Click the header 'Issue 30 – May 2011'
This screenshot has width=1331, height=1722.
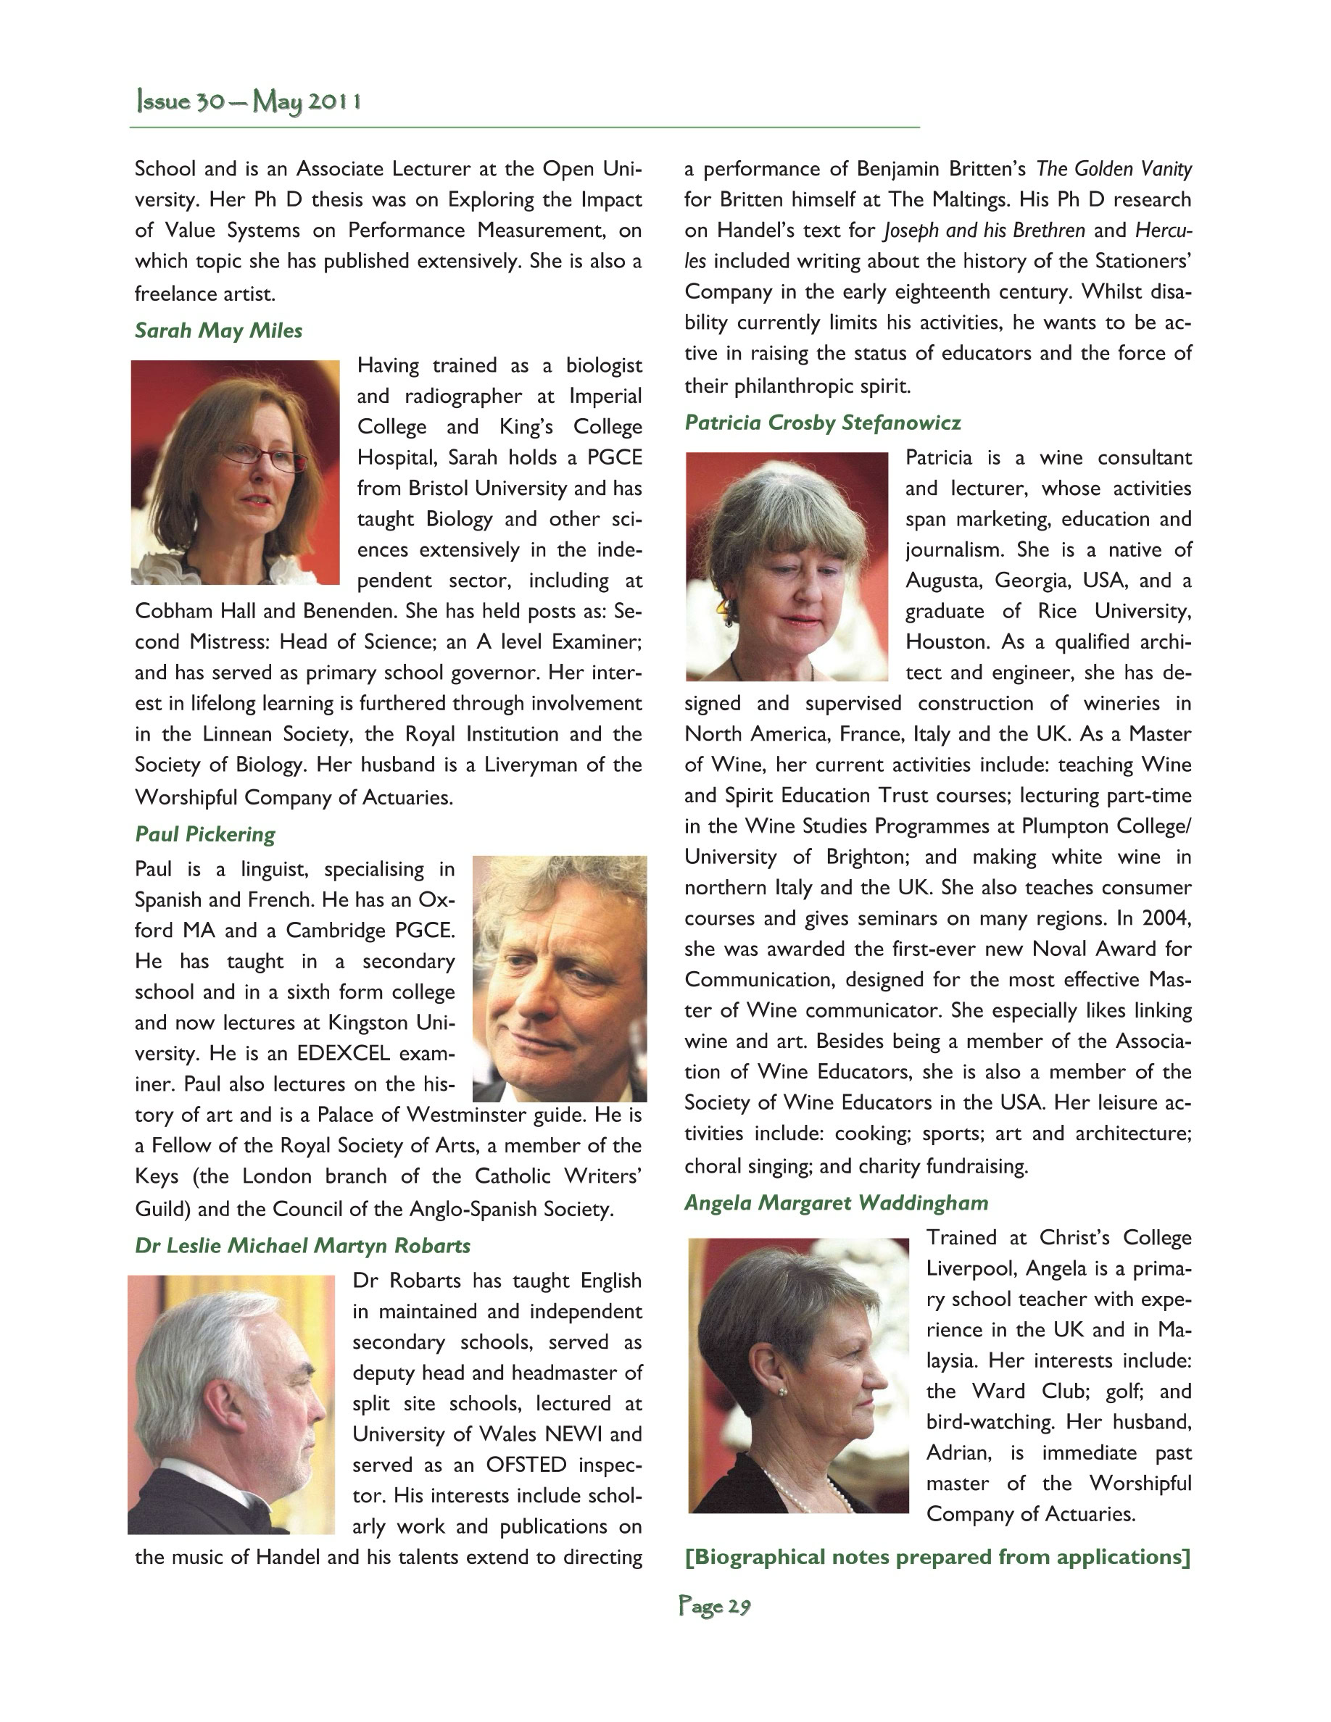click(249, 101)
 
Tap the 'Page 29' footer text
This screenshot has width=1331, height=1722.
click(714, 1606)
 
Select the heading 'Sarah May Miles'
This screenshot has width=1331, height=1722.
click(218, 330)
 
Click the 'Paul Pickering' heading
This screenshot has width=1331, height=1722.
click(205, 834)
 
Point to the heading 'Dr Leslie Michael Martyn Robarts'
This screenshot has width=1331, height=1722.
click(303, 1246)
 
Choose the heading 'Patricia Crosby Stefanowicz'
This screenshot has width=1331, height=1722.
click(822, 423)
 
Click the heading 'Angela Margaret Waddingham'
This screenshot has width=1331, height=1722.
click(836, 1202)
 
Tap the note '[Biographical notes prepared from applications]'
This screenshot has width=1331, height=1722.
click(937, 1557)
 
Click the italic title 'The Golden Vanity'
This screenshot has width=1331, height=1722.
click(1114, 169)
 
